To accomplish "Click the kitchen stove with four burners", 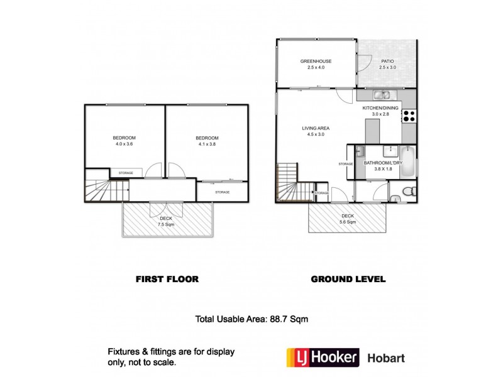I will pyautogui.click(x=409, y=116).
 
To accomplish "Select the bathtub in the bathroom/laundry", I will pyautogui.click(x=408, y=162).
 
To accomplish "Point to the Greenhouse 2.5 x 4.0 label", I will pyautogui.click(x=316, y=63).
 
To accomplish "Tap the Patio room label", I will pyautogui.click(x=386, y=61).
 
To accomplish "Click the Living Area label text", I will pyautogui.click(x=316, y=128).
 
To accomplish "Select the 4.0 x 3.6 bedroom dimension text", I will pyautogui.click(x=124, y=144).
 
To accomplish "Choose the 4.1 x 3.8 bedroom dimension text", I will pyautogui.click(x=207, y=144).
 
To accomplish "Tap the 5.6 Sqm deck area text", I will pyautogui.click(x=347, y=222).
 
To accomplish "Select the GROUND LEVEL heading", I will pyautogui.click(x=348, y=278).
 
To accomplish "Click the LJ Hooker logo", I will pyautogui.click(x=323, y=358).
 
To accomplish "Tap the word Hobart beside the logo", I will pyautogui.click(x=386, y=359).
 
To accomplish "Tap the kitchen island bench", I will pyautogui.click(x=373, y=129).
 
